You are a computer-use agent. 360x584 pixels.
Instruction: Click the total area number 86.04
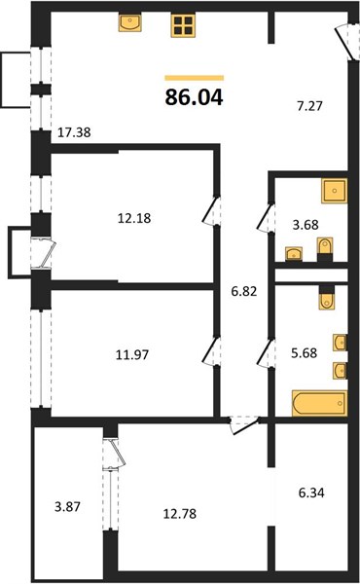(195, 97)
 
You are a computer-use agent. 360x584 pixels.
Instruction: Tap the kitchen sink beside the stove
(130, 22)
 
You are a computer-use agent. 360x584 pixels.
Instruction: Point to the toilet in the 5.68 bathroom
(326, 298)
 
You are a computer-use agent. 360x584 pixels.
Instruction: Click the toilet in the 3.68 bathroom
(326, 253)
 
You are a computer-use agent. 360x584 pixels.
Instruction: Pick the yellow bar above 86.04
(195, 77)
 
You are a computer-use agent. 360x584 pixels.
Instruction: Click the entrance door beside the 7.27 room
(342, 41)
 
